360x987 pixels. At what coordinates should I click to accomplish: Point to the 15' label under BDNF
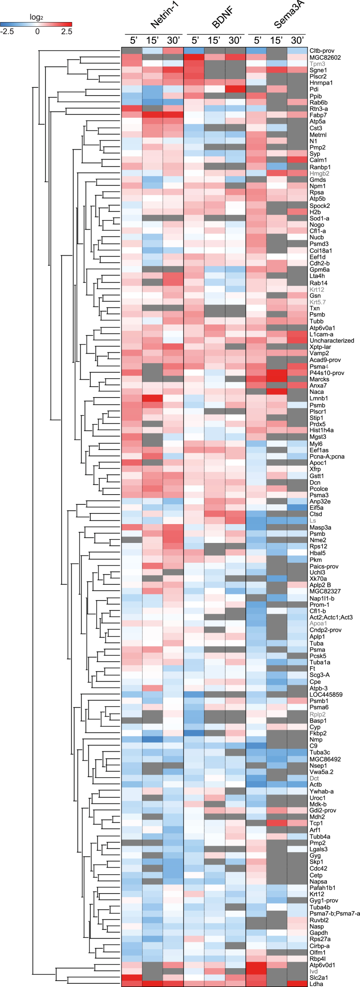(215, 40)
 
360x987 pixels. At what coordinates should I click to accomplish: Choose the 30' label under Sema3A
(297, 40)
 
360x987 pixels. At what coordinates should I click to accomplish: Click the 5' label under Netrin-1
(131, 40)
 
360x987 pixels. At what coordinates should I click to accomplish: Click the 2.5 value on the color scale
(66, 32)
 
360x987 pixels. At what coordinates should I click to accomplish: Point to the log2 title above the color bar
(36, 17)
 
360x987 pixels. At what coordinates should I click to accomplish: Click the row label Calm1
(318, 160)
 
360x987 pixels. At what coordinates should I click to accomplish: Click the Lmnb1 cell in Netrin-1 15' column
(152, 398)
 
